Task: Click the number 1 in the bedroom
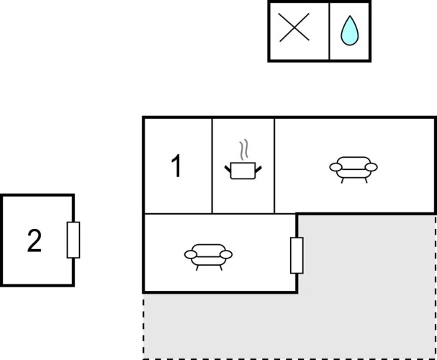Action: pos(176,166)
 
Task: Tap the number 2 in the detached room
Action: pos(35,240)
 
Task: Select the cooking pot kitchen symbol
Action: pos(243,170)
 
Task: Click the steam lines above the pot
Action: pos(243,150)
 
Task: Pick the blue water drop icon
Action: pos(350,31)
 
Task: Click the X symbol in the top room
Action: pos(294,27)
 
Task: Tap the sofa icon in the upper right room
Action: pos(353,168)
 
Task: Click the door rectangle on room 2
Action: pos(73,240)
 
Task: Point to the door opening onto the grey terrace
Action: pos(297,256)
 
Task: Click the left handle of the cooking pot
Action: pos(228,169)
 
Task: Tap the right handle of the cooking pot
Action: pos(258,169)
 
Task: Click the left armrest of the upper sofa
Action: pos(335,167)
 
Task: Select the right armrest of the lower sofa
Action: pos(226,254)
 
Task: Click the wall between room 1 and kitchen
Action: pos(212,166)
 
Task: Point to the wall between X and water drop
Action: pos(329,31)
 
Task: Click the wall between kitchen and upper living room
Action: pos(274,166)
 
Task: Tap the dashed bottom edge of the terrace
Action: pos(289,359)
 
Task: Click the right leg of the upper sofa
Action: pos(366,181)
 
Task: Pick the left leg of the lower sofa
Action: pos(197,268)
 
